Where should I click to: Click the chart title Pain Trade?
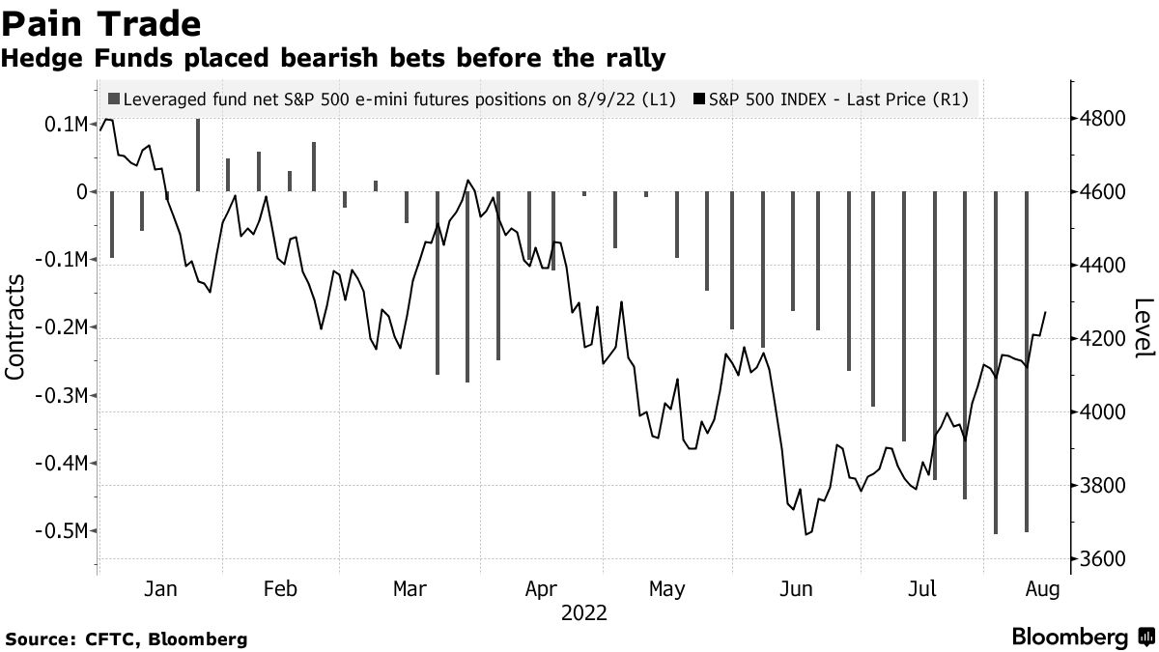click(101, 23)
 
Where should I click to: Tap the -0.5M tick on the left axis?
click(64, 531)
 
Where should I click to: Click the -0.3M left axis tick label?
click(64, 396)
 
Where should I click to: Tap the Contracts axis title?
click(16, 326)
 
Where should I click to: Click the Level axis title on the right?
click(1144, 327)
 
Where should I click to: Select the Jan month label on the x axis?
click(159, 589)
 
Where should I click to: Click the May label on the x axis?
click(666, 589)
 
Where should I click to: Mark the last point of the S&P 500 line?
click(1045, 312)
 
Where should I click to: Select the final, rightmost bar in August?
click(1027, 361)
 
